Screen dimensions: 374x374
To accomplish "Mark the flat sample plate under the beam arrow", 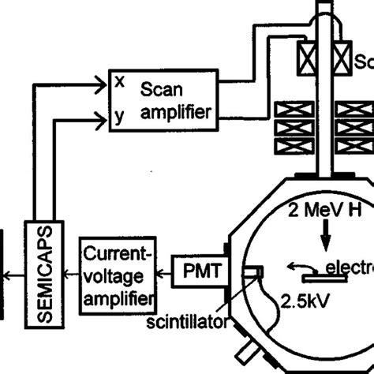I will coord(323,277).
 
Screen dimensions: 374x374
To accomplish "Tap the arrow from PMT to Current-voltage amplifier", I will coord(167,273).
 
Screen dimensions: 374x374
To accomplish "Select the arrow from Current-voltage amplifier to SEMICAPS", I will coord(72,273).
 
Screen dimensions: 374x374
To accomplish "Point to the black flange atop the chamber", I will coord(324,171).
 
